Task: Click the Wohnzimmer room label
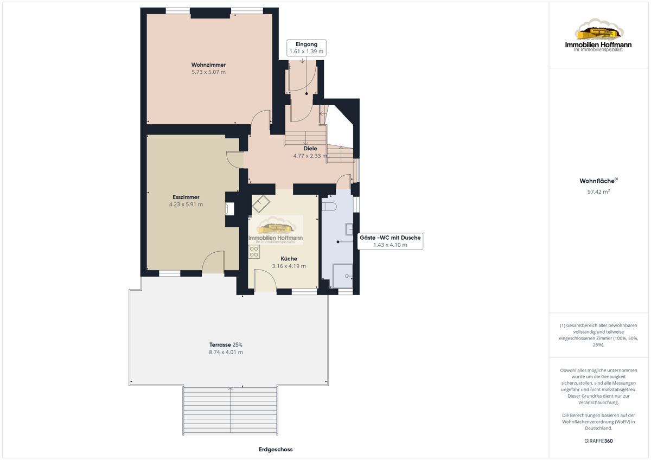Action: tap(208, 65)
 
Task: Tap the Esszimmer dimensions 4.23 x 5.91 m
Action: tap(186, 205)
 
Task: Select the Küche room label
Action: tap(289, 259)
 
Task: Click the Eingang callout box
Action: tap(307, 48)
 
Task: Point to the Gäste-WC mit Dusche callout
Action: tap(390, 241)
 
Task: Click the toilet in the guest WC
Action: tap(329, 207)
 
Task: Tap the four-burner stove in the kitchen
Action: tap(254, 252)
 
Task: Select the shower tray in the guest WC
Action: tap(343, 276)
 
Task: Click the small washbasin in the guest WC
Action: tap(349, 229)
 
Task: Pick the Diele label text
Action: tap(310, 149)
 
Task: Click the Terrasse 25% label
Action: tap(226, 344)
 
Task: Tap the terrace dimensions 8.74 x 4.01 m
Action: tap(226, 352)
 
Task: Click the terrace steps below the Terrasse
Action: tap(230, 411)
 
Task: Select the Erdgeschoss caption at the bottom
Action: tap(276, 449)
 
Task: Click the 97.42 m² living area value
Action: tap(598, 191)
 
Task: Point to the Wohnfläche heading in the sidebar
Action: tap(598, 181)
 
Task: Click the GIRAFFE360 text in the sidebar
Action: tap(598, 441)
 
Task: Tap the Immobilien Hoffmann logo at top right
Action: tap(598, 35)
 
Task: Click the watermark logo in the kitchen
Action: tap(276, 229)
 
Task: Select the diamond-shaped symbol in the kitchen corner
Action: tap(261, 203)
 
